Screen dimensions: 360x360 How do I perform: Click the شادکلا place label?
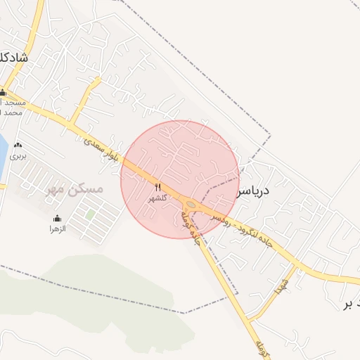[x=14, y=58]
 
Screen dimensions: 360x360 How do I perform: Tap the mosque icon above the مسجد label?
[x=3, y=93]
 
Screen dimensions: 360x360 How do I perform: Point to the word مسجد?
[x=14, y=103]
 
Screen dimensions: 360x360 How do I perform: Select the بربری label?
[x=18, y=156]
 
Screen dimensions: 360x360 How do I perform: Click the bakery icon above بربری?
[x=18, y=146]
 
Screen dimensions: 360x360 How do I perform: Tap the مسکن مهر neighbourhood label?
[x=74, y=189]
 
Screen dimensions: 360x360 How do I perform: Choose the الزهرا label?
[x=57, y=229]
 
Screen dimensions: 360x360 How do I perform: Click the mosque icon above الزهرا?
[x=57, y=219]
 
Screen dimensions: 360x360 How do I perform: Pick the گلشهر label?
[x=157, y=198]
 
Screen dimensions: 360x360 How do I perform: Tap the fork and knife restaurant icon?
[x=157, y=188]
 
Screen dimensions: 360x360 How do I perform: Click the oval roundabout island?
[x=191, y=205]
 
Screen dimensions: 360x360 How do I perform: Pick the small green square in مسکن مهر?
[x=90, y=214]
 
